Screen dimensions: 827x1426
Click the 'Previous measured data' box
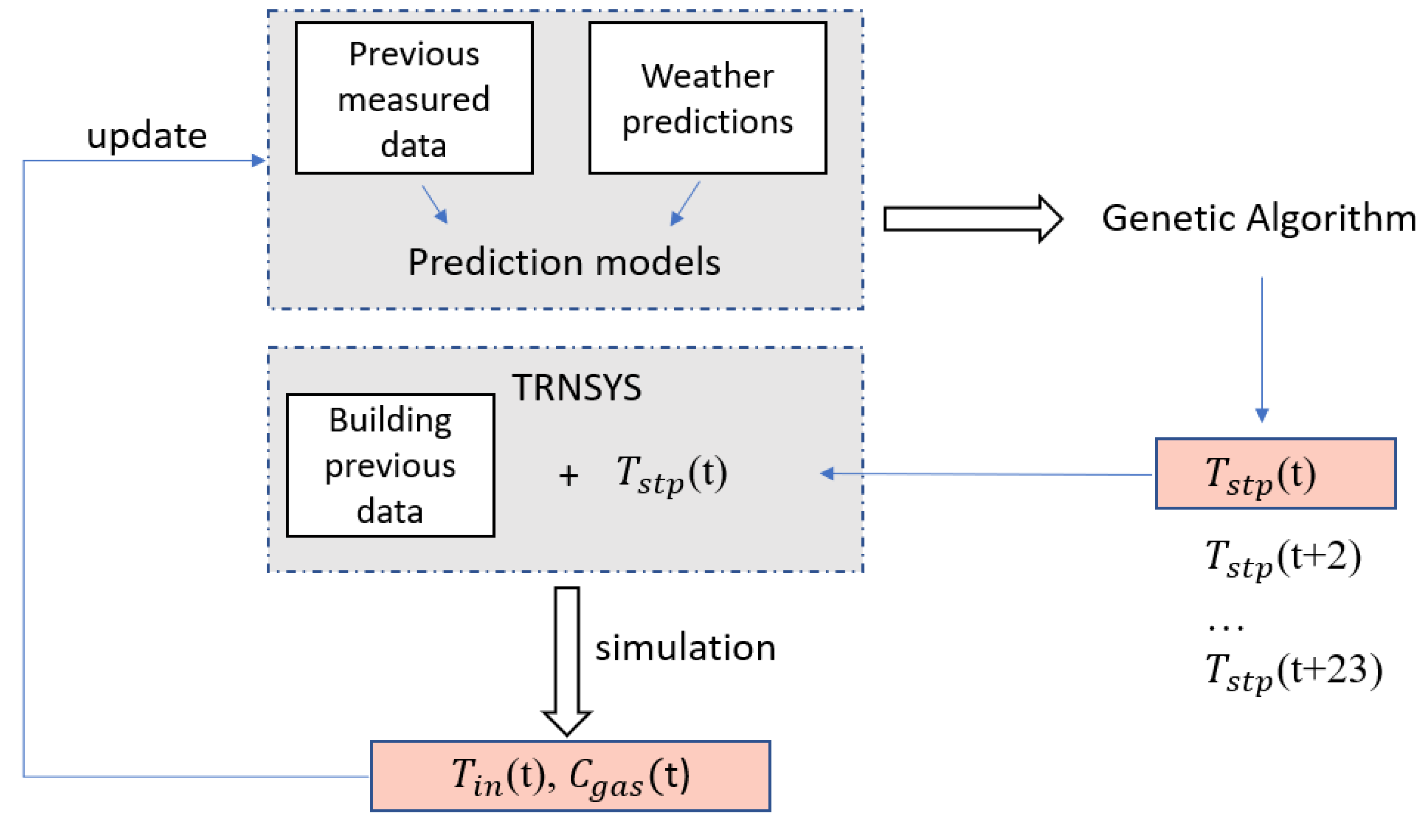(x=414, y=98)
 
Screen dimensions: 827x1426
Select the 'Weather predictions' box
(x=708, y=98)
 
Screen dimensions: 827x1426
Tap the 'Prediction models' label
(x=564, y=262)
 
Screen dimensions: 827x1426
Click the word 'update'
(x=147, y=136)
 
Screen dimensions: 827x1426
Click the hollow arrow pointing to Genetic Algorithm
(x=972, y=219)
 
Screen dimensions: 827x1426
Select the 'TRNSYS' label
(x=577, y=388)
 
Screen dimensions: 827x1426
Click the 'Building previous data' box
(x=390, y=465)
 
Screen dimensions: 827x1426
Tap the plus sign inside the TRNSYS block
(x=568, y=475)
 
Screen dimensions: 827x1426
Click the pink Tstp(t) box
(x=1275, y=474)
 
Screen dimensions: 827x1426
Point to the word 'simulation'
(x=685, y=648)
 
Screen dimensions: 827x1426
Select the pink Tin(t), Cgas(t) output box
(x=570, y=776)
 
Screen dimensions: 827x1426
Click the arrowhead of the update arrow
(x=258, y=161)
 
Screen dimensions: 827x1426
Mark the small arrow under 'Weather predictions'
(x=685, y=204)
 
